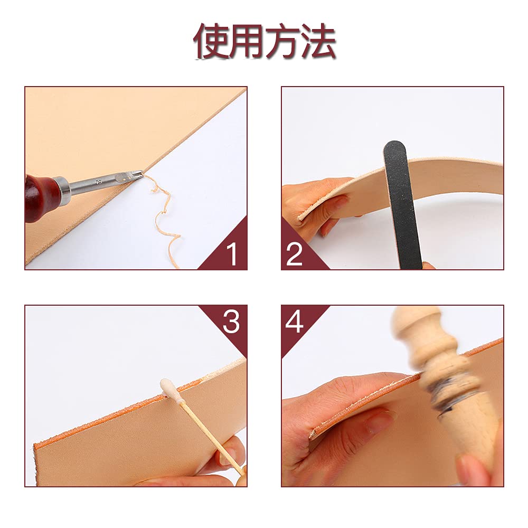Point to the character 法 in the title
tap(318, 41)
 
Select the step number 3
tap(231, 322)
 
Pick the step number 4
tap(294, 322)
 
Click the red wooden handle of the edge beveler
tap(41, 198)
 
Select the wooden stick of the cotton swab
tap(212, 438)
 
